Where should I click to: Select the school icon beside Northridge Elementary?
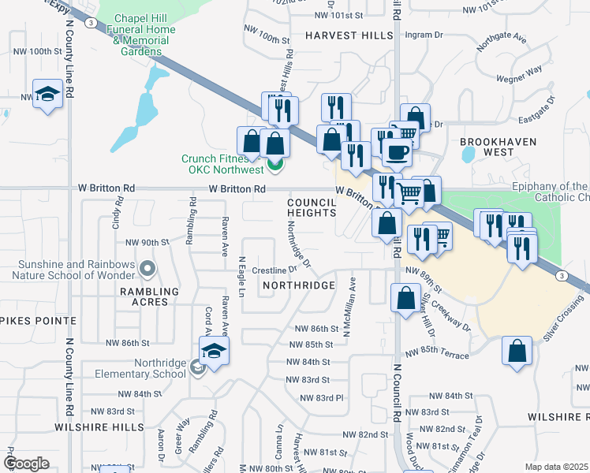[x=213, y=352]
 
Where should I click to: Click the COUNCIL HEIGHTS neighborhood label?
[x=312, y=207]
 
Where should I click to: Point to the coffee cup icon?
[x=397, y=151]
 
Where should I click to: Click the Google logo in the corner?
[x=26, y=464]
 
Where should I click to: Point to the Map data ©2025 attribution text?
[x=557, y=467]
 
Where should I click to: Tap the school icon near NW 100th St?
[x=48, y=95]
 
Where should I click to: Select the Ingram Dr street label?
[x=424, y=35]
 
